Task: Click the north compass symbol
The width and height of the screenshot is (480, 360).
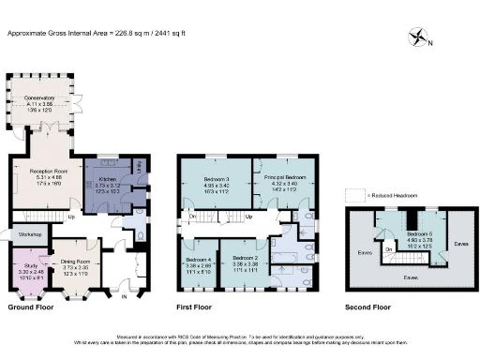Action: [x=417, y=39]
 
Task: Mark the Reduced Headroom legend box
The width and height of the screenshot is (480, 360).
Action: [x=347, y=194]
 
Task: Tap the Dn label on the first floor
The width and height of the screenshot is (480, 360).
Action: [x=191, y=217]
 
